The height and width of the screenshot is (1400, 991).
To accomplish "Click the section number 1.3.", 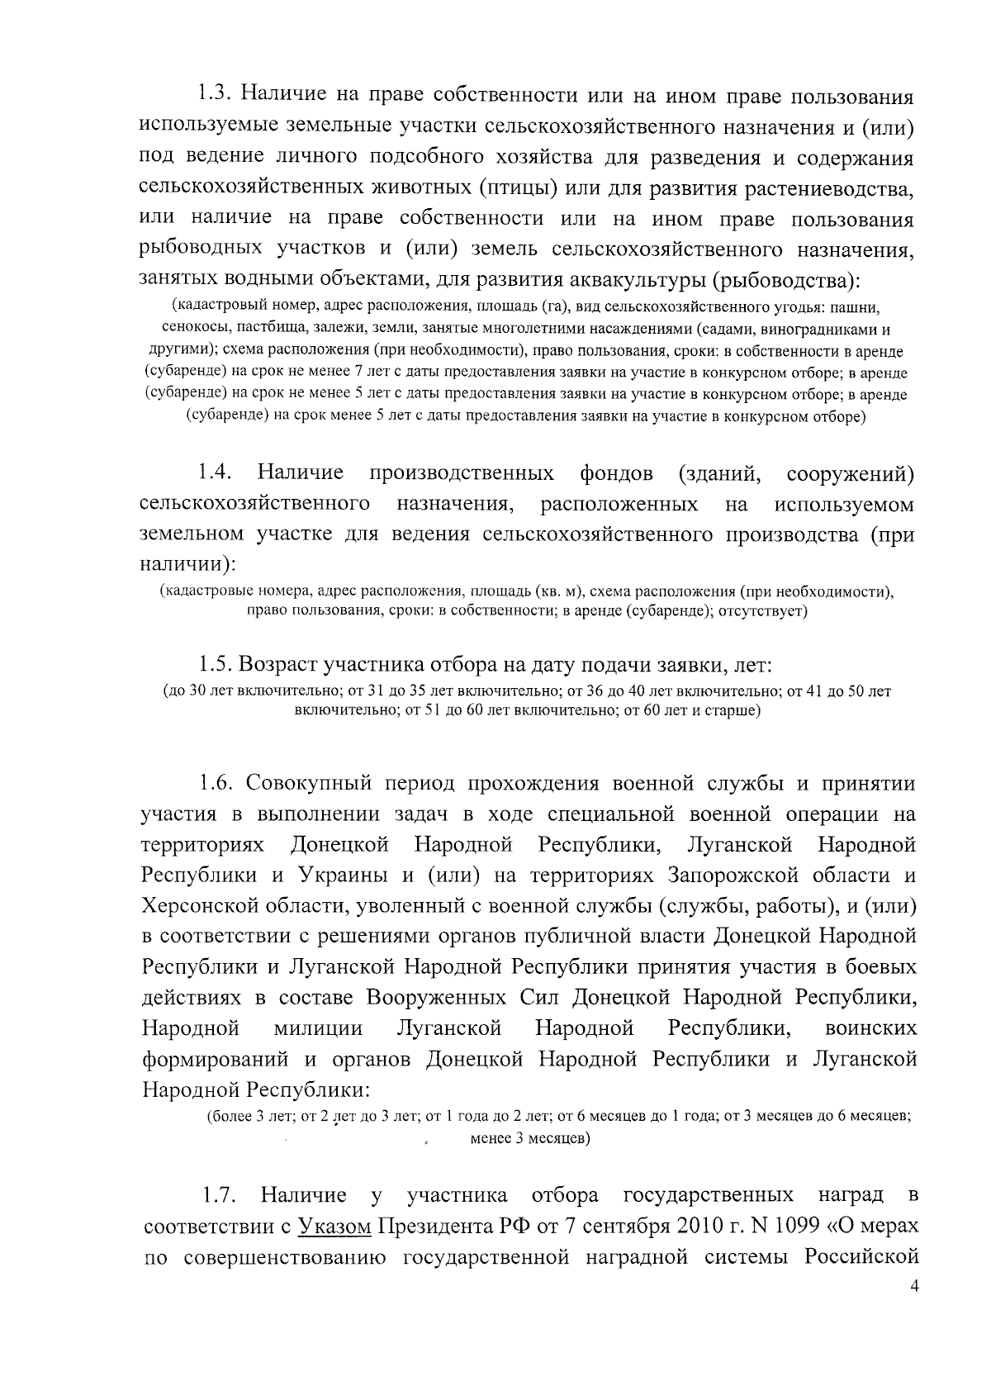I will tap(215, 97).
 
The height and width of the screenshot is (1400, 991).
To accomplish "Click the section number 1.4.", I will tap(214, 474).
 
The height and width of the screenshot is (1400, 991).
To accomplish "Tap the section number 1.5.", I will tap(215, 665).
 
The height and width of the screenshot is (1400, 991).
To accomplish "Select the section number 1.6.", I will tap(215, 783).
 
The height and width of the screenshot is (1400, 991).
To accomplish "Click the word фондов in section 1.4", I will tap(615, 474).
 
